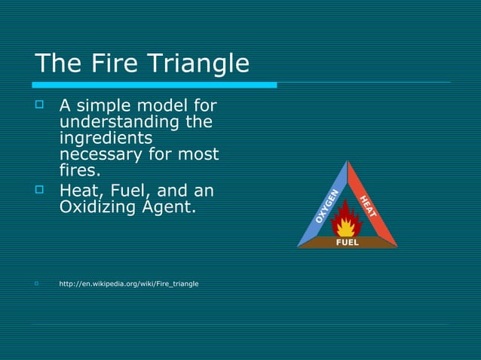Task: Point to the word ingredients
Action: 106,139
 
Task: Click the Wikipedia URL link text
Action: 129,284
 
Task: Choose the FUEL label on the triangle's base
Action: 347,243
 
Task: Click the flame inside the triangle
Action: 347,221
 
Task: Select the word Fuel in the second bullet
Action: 133,188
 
